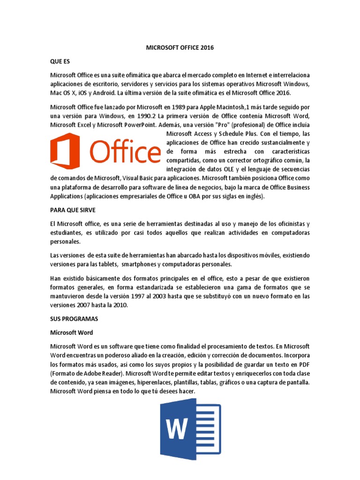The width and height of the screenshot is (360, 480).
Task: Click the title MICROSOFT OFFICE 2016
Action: [x=180, y=47]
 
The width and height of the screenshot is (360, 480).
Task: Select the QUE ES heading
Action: [x=59, y=61]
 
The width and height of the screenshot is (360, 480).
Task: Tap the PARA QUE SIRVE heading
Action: [x=73, y=210]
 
